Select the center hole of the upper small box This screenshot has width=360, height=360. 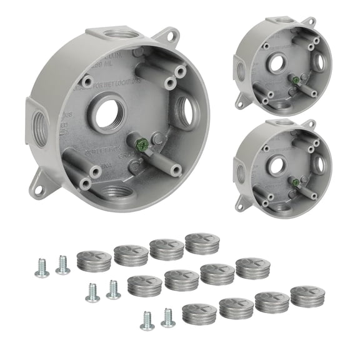[x=277, y=62]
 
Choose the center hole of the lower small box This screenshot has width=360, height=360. [x=278, y=164]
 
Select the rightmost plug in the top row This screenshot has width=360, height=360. [x=202, y=242]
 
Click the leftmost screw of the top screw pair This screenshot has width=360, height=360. [x=42, y=268]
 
